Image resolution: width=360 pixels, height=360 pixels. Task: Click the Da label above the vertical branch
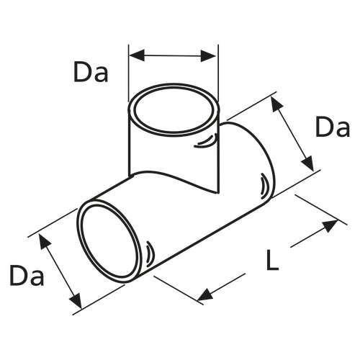click(90, 72)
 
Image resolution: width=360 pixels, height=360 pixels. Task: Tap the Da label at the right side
click(332, 129)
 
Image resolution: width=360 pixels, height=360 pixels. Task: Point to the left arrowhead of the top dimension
click(135, 55)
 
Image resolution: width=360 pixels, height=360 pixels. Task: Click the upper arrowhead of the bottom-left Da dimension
click(45, 241)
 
